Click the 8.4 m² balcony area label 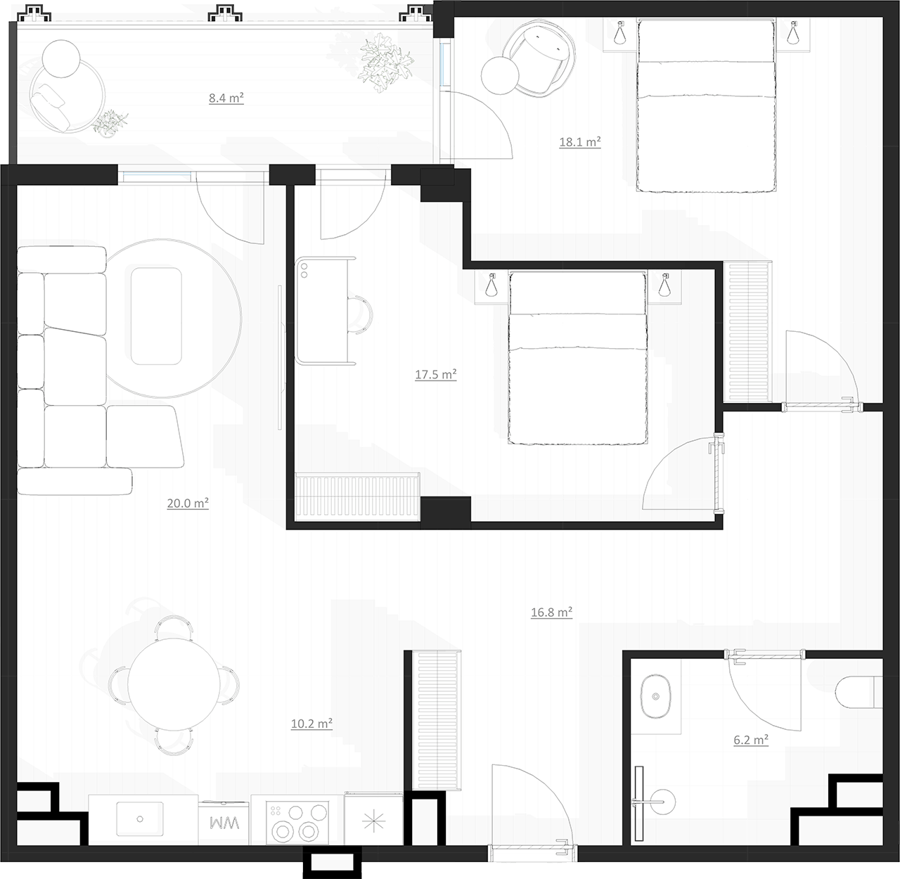(226, 98)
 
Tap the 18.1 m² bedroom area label (580, 141)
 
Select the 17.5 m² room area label (436, 374)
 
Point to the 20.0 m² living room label (188, 503)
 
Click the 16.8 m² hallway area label (551, 612)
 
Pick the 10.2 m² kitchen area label (311, 723)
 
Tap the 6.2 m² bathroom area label (751, 740)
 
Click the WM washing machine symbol (224, 823)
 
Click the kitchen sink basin (140, 819)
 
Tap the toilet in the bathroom (859, 692)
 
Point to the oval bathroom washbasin (656, 696)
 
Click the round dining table (174, 684)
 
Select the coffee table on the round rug (156, 316)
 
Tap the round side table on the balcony (61, 59)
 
